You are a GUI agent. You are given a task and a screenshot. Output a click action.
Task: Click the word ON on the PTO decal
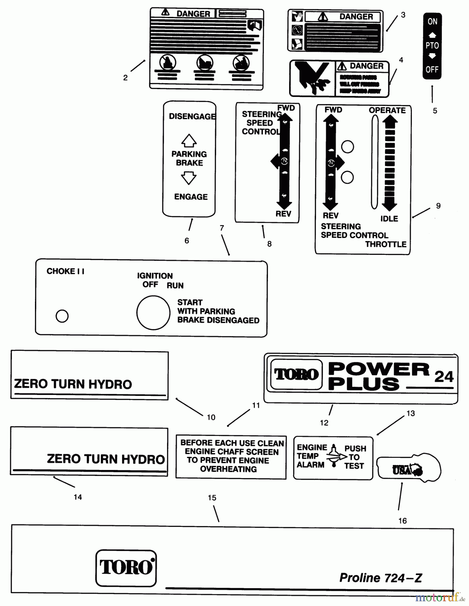[x=432, y=22]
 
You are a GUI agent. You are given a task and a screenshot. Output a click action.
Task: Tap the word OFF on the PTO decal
[x=432, y=70]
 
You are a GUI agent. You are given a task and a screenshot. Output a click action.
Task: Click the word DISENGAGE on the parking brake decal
[x=192, y=116]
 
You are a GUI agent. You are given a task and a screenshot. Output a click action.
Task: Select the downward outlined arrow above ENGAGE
[x=189, y=178]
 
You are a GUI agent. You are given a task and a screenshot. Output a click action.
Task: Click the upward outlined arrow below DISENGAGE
[x=189, y=140]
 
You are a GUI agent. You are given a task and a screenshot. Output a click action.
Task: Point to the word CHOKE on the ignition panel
[x=61, y=271]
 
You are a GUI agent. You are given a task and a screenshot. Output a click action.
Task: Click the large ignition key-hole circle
[x=153, y=312]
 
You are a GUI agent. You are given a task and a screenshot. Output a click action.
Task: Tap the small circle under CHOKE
[x=62, y=316]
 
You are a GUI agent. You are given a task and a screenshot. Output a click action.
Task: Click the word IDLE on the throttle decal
[x=389, y=219]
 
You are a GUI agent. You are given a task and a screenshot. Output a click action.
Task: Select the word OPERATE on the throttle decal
[x=387, y=110]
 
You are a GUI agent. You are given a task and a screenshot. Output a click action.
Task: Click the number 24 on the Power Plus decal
[x=444, y=376]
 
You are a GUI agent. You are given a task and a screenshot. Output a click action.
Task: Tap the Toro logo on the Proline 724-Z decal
[x=126, y=568]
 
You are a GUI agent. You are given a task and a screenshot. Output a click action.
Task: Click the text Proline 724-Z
[x=380, y=578]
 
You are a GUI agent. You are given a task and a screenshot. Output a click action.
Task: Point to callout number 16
[x=402, y=521]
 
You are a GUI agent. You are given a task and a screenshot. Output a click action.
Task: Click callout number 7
[x=222, y=228]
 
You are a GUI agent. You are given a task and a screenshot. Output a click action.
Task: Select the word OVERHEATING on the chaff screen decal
[x=228, y=469]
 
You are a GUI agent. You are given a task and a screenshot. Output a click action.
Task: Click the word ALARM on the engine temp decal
[x=310, y=465]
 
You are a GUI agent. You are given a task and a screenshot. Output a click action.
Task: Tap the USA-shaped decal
[x=408, y=469]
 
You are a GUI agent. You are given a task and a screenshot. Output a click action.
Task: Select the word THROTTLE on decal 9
[x=386, y=244]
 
